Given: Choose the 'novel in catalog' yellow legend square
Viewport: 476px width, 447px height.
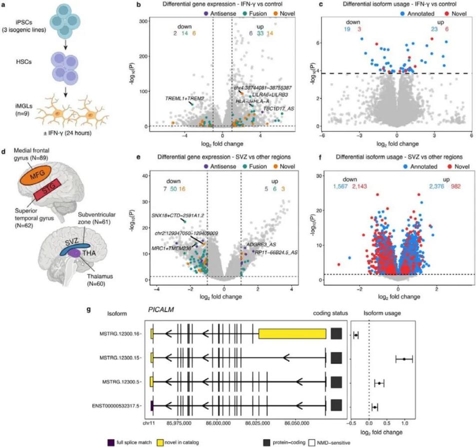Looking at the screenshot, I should [112, 443].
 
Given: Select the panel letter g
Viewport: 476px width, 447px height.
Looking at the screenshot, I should [89, 309].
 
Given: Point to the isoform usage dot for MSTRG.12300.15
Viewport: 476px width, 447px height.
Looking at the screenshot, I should [404, 358].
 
